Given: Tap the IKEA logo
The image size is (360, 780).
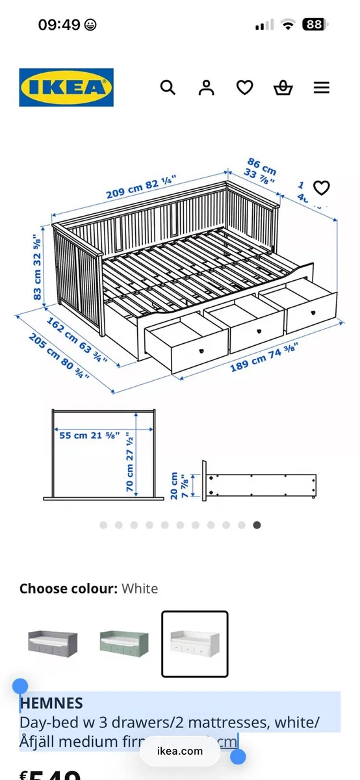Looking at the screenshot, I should click(x=66, y=88).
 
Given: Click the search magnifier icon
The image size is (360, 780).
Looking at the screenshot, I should click(x=168, y=88).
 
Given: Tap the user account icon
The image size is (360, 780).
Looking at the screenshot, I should click(x=207, y=88).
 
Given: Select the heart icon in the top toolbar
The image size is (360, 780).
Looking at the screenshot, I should click(x=244, y=88).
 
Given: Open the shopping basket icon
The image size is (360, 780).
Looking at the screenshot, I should click(x=283, y=88).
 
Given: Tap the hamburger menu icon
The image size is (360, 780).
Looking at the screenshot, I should click(x=322, y=88).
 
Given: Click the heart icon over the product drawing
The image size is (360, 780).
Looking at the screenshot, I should click(x=322, y=188).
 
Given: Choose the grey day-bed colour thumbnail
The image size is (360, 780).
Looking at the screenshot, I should click(x=53, y=643).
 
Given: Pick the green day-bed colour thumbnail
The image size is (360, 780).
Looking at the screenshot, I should click(x=123, y=643).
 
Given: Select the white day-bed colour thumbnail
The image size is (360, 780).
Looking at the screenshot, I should click(x=195, y=643).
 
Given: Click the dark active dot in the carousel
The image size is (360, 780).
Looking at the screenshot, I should click(x=257, y=525).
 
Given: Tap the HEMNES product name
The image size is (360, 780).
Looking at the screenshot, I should click(x=51, y=703).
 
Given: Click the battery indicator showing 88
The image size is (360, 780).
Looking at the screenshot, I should click(x=315, y=25).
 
